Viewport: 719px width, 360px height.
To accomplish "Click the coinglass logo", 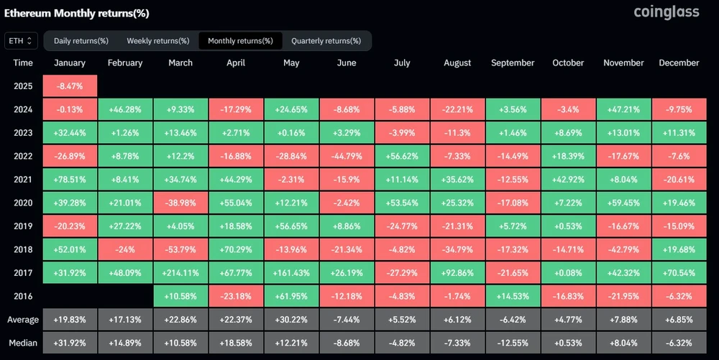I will [x=666, y=12].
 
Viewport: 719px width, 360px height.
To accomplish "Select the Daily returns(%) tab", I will [x=81, y=41].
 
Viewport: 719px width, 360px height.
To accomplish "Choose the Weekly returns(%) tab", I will [x=157, y=41].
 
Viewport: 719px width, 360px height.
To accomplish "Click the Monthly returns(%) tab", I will [x=240, y=41].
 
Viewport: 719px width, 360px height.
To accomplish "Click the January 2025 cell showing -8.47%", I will [x=70, y=86].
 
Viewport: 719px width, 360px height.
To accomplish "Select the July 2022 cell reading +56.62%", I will [x=402, y=156].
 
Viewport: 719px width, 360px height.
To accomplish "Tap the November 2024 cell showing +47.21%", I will [x=623, y=110].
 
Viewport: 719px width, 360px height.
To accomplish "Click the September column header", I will [x=513, y=63].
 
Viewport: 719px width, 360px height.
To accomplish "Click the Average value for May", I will [x=291, y=319].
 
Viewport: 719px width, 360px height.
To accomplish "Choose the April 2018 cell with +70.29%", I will [x=236, y=249].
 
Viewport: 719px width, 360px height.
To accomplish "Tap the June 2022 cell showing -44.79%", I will [x=347, y=156].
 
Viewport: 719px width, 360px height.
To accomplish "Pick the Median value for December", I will [x=679, y=342].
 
